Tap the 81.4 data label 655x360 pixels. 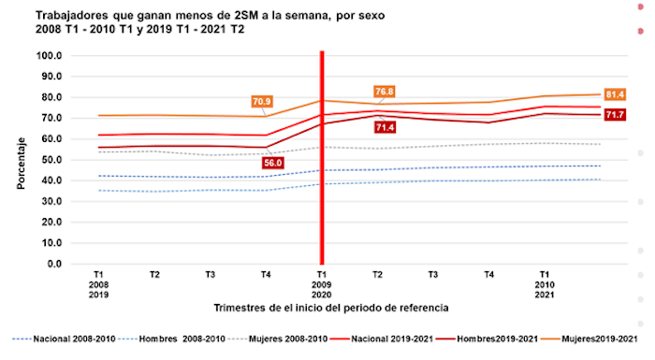coord(615,94)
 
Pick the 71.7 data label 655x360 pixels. coord(615,115)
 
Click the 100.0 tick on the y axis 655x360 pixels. coord(48,55)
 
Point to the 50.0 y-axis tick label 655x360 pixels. coord(50,160)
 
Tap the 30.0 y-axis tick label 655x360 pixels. coord(50,201)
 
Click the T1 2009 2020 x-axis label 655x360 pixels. coord(321,283)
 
